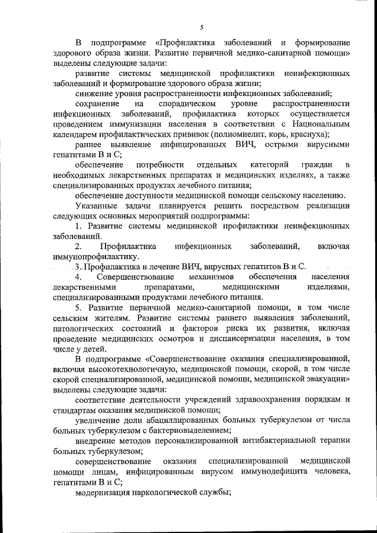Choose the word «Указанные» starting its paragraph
[97, 206]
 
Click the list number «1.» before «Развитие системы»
[80, 226]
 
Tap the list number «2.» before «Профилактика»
[80, 246]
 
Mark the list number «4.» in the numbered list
[80, 277]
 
